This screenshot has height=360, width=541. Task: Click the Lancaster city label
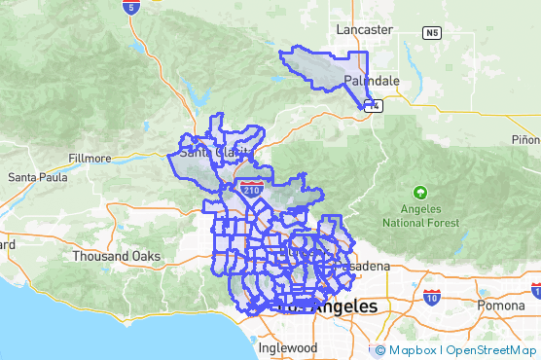[364, 30]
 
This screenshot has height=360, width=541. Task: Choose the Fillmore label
[91, 158]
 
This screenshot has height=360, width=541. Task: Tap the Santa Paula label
[36, 177]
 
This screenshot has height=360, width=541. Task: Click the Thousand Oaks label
[116, 256]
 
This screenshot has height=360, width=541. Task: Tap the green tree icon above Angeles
[419, 193]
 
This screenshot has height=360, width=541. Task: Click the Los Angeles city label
[327, 306]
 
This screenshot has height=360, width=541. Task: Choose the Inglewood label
[288, 347]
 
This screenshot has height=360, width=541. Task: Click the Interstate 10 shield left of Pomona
[431, 296]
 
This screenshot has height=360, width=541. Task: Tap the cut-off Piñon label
[524, 140]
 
